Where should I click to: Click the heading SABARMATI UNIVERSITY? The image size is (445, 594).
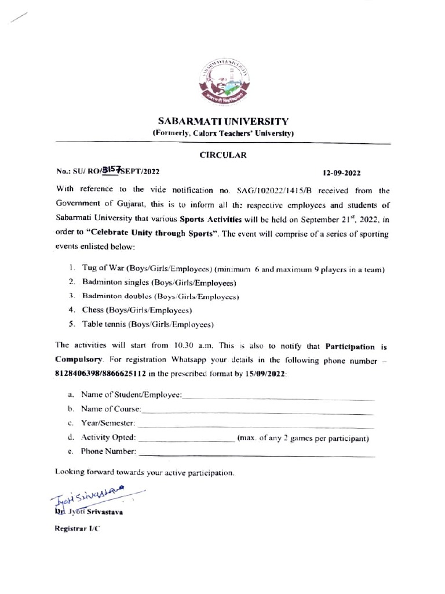(223, 122)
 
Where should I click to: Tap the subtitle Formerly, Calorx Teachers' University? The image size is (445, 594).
(223, 133)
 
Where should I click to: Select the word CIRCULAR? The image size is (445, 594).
(223, 155)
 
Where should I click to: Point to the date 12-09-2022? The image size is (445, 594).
(342, 173)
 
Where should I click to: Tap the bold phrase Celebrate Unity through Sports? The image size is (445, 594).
(152, 234)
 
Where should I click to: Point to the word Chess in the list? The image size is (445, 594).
(93, 310)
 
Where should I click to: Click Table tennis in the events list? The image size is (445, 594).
(104, 324)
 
